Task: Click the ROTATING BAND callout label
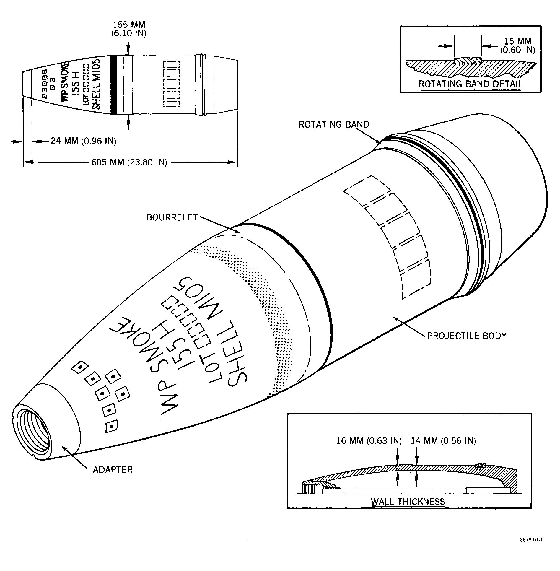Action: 334,124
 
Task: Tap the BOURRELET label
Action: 172,217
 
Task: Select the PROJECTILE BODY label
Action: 467,336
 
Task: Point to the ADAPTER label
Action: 113,470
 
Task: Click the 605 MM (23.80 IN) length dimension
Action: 129,162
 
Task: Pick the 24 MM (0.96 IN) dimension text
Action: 84,141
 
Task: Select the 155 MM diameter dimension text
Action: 129,29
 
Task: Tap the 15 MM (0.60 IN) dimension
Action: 517,45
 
